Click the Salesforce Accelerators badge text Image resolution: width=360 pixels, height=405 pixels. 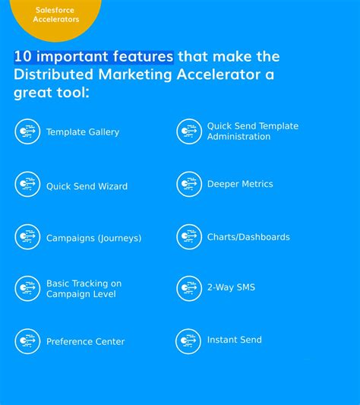(56, 14)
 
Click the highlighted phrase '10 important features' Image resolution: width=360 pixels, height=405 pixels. (93, 57)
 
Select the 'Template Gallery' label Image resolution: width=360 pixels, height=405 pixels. (83, 132)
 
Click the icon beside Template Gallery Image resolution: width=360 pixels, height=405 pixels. (28, 131)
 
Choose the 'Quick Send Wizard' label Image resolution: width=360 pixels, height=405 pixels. (87, 186)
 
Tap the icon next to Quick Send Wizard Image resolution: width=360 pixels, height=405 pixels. (28, 185)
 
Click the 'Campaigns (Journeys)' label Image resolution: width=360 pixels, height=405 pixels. (93, 238)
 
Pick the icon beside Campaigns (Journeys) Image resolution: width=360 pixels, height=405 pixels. (28, 237)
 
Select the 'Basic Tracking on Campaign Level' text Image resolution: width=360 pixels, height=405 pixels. (84, 289)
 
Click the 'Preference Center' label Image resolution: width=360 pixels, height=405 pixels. (85, 342)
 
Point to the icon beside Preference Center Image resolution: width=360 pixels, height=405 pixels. (28, 341)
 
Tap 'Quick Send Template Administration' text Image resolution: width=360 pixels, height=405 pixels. (252, 131)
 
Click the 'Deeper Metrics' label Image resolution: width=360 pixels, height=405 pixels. (240, 184)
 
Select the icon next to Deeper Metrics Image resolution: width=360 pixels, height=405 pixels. (189, 184)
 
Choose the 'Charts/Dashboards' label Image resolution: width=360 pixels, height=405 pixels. (248, 237)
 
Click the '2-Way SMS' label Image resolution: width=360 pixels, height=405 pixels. (231, 287)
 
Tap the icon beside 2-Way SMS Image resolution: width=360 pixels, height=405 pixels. (189, 288)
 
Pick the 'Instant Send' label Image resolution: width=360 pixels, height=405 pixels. (234, 340)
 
